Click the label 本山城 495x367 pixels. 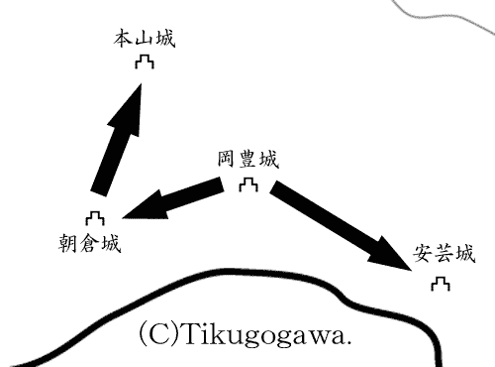144,41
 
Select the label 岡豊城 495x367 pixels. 247,160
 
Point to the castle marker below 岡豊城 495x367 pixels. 249,184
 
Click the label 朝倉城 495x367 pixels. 90,242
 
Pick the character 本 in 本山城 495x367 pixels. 123,41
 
